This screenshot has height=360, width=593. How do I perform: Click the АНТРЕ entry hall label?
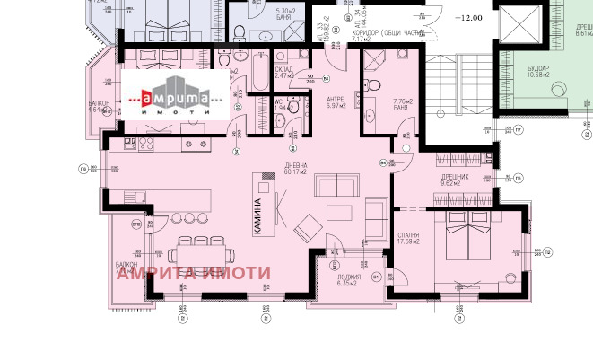pos(335,100)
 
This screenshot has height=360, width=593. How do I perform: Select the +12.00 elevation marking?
pos(468,18)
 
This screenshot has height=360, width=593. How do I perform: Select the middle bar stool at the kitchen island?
pos(189,218)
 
